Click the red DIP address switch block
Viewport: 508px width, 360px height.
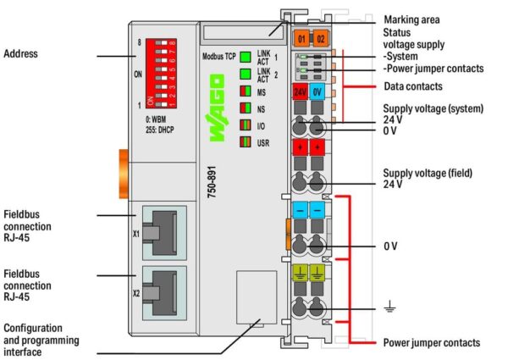pyautogui.click(x=161, y=73)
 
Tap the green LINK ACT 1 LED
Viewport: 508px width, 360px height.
pyautogui.click(x=246, y=57)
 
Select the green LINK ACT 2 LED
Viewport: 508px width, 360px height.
pyautogui.click(x=246, y=74)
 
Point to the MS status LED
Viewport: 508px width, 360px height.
pyautogui.click(x=246, y=91)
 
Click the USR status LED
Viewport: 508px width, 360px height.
pyautogui.click(x=246, y=142)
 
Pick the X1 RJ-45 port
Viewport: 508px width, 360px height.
pyautogui.click(x=164, y=232)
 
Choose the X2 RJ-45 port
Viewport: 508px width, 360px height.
pyautogui.click(x=164, y=293)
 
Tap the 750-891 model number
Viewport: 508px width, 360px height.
pyautogui.click(x=212, y=182)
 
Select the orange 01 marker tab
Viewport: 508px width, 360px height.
pyautogui.click(x=301, y=39)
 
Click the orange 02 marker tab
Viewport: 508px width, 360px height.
pyautogui.click(x=321, y=39)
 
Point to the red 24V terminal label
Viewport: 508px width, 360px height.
pyautogui.click(x=300, y=92)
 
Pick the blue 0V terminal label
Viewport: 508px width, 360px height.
pyautogui.click(x=317, y=92)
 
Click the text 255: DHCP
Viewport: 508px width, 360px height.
pyautogui.click(x=160, y=130)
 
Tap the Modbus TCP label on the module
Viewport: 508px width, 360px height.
pyautogui.click(x=219, y=57)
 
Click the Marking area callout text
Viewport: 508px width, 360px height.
pyautogui.click(x=411, y=19)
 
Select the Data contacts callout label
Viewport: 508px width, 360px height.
pyautogui.click(x=413, y=86)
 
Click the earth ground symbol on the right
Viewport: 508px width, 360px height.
pyautogui.click(x=389, y=306)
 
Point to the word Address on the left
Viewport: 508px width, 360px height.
pyautogui.click(x=20, y=53)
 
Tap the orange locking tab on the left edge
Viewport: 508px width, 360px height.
pyautogui.click(x=124, y=174)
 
